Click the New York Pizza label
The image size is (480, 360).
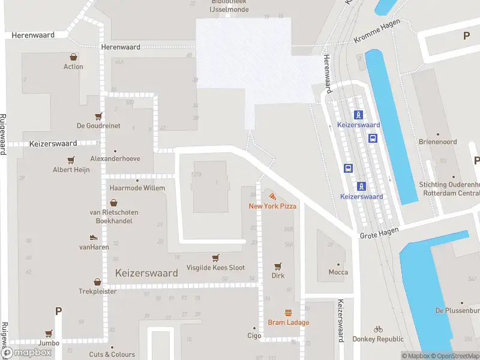273,206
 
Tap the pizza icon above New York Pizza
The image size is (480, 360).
273,196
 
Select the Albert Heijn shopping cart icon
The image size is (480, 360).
71,160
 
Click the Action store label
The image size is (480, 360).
73,67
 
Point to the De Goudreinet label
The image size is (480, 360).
98,126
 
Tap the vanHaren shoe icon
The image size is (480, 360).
93,238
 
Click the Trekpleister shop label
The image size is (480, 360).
97,292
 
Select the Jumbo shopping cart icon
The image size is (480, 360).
49,334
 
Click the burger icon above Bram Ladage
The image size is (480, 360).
288,313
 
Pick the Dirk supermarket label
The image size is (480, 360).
278,276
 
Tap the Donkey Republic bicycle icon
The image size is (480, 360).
378,329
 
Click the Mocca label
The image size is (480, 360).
338,272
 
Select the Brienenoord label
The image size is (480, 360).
438,142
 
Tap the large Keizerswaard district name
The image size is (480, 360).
146,273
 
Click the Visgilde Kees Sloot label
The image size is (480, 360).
215,268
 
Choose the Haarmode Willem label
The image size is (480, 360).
137,188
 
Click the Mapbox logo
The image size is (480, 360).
29,353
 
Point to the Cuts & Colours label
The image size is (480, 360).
112,355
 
